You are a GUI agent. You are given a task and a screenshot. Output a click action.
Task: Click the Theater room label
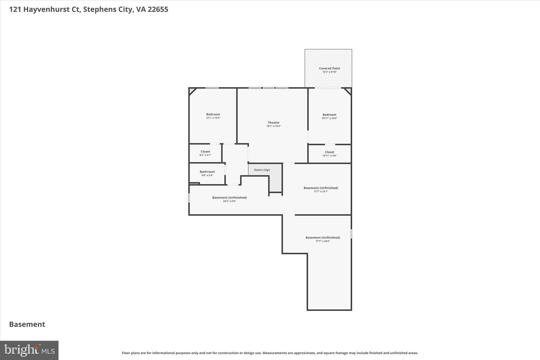point(273,122)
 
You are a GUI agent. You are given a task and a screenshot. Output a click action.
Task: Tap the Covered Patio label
point(329,68)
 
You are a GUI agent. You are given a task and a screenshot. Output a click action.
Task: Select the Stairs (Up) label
point(262,170)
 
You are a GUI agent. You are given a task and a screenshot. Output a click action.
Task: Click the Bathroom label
point(207,172)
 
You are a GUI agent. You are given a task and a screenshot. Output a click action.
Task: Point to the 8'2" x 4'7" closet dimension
point(205,155)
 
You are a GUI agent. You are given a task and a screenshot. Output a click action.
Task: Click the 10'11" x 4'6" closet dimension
point(329,156)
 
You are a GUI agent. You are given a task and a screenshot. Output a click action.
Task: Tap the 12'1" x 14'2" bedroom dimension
point(213,118)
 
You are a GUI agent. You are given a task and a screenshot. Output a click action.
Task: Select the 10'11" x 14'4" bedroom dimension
point(329,118)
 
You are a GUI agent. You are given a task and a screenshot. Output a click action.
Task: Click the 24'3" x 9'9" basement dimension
point(229,201)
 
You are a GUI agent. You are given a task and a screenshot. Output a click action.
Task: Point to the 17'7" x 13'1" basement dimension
point(321,191)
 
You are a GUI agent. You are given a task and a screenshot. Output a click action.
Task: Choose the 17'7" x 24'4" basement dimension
point(323,241)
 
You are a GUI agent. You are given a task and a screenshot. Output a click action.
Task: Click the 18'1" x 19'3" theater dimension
point(273,126)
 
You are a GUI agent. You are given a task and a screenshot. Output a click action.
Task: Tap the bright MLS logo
point(29,350)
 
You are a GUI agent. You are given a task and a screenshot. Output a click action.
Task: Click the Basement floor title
point(27,324)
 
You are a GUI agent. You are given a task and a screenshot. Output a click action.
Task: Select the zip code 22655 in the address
point(158,9)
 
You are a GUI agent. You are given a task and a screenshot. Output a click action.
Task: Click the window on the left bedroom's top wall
point(212,88)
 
